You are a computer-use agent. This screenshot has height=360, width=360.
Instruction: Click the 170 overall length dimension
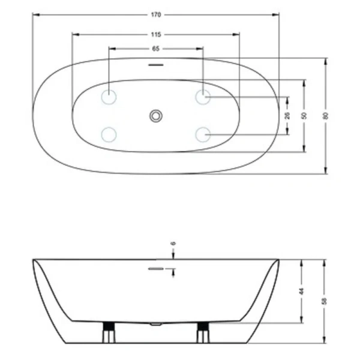(156, 14)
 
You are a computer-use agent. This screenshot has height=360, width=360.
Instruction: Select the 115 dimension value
(156, 35)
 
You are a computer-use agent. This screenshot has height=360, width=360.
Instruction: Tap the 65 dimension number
(155, 48)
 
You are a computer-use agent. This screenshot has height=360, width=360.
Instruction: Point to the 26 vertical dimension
(287, 115)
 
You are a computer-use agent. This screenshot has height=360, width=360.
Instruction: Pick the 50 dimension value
(305, 115)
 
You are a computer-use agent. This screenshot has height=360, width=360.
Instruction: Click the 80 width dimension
(326, 116)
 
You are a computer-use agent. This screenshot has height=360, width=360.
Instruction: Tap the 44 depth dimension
(302, 291)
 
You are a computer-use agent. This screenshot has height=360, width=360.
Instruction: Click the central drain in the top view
(156, 115)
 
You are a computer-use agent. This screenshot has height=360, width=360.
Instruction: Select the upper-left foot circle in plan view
(109, 96)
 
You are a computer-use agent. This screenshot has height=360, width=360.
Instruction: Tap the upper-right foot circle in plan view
(203, 96)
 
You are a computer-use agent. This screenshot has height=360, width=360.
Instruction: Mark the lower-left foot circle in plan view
(109, 134)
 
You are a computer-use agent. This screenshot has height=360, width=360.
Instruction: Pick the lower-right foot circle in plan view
(203, 134)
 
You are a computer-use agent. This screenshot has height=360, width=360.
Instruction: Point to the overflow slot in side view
(156, 269)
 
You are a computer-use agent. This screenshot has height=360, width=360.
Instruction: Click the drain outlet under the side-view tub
(156, 323)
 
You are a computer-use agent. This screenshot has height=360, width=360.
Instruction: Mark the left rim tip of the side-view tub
(34, 260)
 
